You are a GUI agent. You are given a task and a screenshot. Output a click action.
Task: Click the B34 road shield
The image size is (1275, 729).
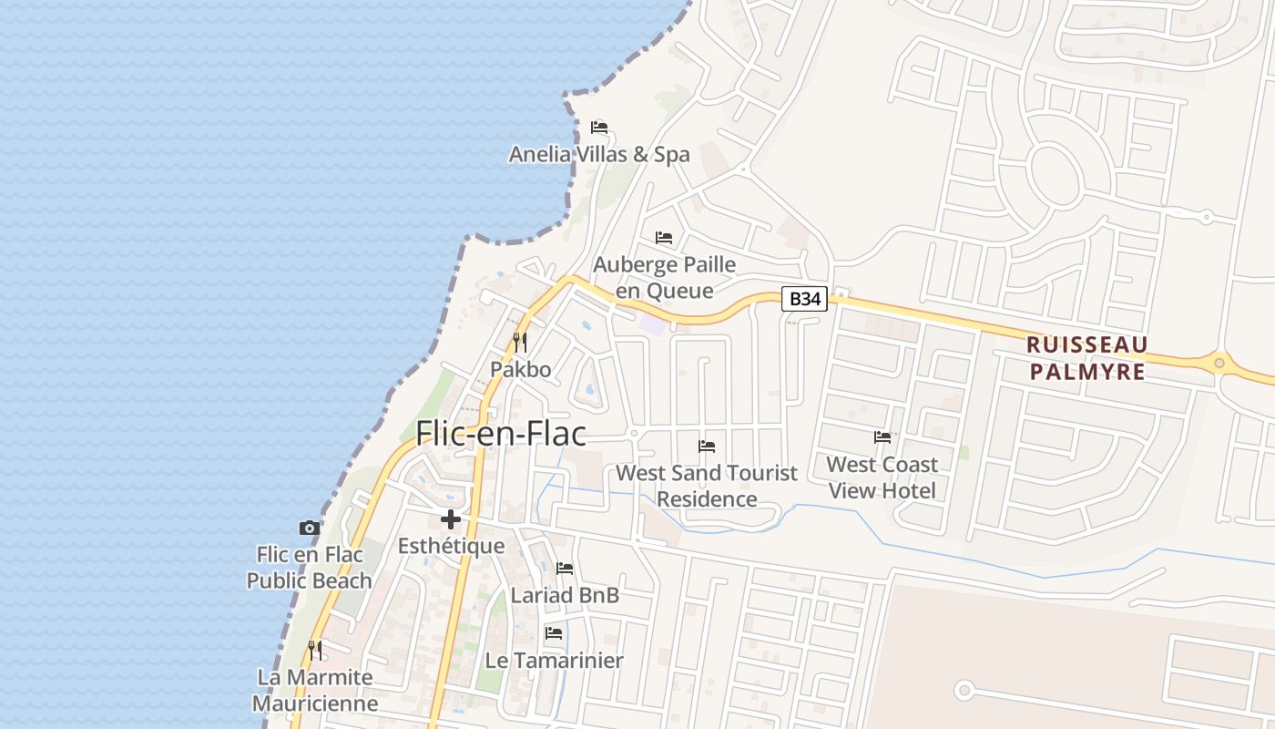[x=804, y=299]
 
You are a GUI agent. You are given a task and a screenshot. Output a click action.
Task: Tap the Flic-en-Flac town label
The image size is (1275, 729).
[x=501, y=434]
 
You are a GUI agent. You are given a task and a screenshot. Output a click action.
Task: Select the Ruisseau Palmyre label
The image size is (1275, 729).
[x=1086, y=358]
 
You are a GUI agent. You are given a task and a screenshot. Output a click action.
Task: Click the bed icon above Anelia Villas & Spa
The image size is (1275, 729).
[x=598, y=128]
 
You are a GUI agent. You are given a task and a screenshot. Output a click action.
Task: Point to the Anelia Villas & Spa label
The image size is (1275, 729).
[x=599, y=155]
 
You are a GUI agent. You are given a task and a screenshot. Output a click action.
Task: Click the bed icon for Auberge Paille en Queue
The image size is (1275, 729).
[x=664, y=238]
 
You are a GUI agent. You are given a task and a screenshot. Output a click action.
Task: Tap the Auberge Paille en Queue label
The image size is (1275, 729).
[x=665, y=278]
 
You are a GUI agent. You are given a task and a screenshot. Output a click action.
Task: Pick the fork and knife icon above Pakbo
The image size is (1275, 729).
[x=520, y=343]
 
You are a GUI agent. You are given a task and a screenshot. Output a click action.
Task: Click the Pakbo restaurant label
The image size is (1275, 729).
[x=521, y=370]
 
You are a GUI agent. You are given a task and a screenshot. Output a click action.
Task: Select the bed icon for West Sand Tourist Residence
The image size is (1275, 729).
[x=707, y=447]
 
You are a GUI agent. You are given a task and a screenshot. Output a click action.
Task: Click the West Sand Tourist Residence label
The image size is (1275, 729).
[x=707, y=486]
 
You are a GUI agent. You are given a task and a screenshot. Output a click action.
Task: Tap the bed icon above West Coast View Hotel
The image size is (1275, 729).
[x=882, y=437]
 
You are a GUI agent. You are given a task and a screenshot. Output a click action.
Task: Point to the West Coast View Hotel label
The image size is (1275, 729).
[x=882, y=477]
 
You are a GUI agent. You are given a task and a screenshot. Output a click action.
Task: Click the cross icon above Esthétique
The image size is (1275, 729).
[x=451, y=519]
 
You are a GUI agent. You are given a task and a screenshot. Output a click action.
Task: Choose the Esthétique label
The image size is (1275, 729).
[x=451, y=547]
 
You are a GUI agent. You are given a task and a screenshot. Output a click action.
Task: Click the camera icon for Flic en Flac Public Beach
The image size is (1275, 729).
[x=310, y=528]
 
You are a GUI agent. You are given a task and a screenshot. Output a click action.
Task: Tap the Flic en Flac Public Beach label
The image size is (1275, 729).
[x=310, y=568]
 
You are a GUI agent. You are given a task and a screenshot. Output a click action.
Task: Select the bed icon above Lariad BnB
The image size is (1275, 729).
[x=565, y=569]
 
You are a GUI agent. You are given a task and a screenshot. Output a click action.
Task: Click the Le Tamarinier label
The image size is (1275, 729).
[x=554, y=661]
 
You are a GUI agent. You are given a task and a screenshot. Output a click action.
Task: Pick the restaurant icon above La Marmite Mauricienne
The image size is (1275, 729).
[x=315, y=651]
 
